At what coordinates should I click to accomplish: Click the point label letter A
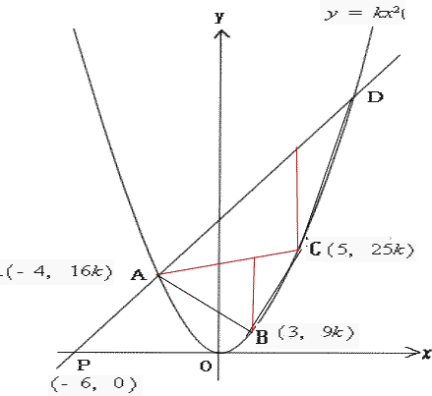[x=139, y=275]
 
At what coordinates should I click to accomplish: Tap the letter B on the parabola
[x=262, y=337]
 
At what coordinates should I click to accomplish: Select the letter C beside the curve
[x=315, y=249]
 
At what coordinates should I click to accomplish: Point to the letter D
[x=375, y=97]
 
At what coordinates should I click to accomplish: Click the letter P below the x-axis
[x=84, y=365]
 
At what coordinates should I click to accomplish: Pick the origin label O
[x=206, y=367]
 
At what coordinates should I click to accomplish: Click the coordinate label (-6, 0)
[x=93, y=384]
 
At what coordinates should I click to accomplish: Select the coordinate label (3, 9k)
[x=316, y=333]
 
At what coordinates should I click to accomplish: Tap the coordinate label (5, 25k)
[x=370, y=251]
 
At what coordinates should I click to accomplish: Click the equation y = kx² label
[x=364, y=14]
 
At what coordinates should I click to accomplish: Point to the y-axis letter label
[x=219, y=17]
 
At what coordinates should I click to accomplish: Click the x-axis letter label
[x=427, y=354]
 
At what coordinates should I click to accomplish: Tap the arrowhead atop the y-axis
[x=221, y=33]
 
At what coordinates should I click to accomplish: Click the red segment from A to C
[x=228, y=262]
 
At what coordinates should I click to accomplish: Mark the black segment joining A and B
[x=205, y=304]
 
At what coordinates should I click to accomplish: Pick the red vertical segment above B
[x=253, y=295]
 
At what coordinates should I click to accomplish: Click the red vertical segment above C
[x=297, y=198]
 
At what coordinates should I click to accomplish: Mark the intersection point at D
[x=353, y=97]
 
